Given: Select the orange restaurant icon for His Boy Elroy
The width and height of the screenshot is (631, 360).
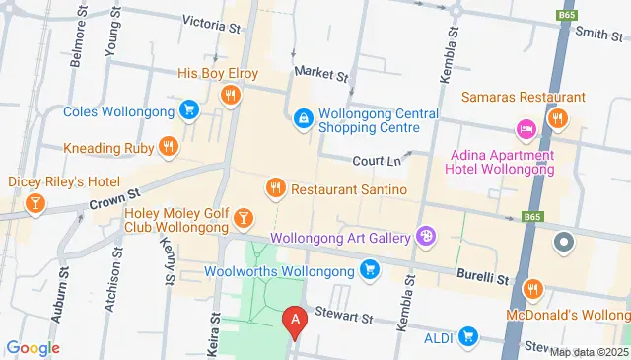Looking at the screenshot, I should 230,95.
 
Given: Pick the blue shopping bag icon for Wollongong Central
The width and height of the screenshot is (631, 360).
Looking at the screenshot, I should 303,118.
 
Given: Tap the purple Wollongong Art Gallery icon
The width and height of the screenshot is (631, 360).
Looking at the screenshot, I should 425,236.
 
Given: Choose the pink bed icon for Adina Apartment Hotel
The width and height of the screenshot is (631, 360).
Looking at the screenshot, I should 526,129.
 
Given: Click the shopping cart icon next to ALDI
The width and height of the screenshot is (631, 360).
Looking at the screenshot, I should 468,337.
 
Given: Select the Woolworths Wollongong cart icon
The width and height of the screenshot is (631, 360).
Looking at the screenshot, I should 370,268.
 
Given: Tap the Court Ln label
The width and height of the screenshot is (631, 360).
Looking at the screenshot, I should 377,160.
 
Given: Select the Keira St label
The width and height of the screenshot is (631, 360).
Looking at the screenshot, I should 214,326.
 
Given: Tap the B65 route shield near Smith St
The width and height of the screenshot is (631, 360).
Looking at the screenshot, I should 567,15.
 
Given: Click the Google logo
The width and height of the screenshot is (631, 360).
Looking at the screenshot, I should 33,347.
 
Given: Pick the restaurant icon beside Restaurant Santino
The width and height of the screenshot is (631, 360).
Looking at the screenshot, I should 276,187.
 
